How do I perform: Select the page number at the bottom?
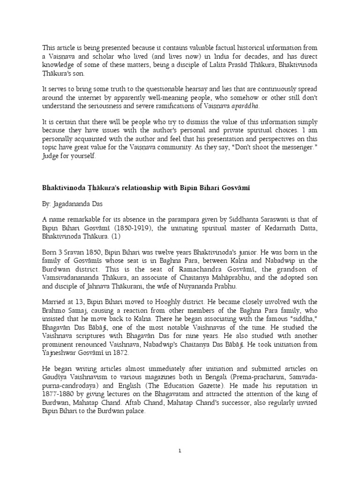(180, 450)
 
